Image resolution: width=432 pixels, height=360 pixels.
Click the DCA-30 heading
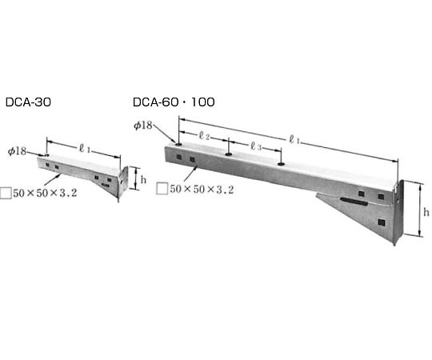pos(28,102)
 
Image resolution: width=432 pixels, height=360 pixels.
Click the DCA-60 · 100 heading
pos(174,102)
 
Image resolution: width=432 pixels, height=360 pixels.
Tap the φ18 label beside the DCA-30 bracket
pos(17,151)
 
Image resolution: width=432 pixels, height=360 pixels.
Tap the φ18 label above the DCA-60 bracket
pos(143,126)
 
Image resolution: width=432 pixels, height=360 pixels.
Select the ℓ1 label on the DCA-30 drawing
pos(84,149)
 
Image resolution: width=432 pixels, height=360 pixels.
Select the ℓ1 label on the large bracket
pos(294,140)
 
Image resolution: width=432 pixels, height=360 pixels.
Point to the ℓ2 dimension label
pos(204,135)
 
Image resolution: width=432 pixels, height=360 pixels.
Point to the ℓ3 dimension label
pos(256,146)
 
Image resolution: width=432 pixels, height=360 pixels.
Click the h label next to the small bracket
pos(143,180)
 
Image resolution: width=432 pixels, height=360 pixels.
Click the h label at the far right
pos(426,212)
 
